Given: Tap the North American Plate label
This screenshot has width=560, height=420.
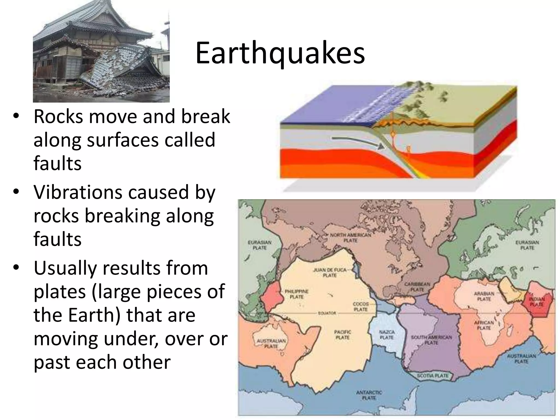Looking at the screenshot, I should pyautogui.click(x=351, y=238).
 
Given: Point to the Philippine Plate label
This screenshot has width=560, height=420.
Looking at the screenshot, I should pyautogui.click(x=297, y=294).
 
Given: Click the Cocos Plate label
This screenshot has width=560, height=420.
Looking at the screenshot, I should pyautogui.click(x=361, y=307).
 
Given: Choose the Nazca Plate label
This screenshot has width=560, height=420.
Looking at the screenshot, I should pyautogui.click(x=387, y=335).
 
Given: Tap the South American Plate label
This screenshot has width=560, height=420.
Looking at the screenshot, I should pyautogui.click(x=431, y=340).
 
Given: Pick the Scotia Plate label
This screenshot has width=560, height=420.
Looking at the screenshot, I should pyautogui.click(x=433, y=376).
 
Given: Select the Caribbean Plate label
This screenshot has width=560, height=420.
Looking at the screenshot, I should pyautogui.click(x=417, y=287).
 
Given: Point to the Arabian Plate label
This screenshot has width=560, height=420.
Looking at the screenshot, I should pyautogui.click(x=484, y=296).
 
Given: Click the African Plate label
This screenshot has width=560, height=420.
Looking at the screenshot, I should pyautogui.click(x=484, y=325).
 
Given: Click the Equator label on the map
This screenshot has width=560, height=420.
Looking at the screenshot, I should pyautogui.click(x=327, y=313).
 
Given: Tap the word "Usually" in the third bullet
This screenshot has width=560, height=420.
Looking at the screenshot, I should pyautogui.click(x=65, y=268).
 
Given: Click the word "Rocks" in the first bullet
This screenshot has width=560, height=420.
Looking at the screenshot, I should pyautogui.click(x=58, y=117).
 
